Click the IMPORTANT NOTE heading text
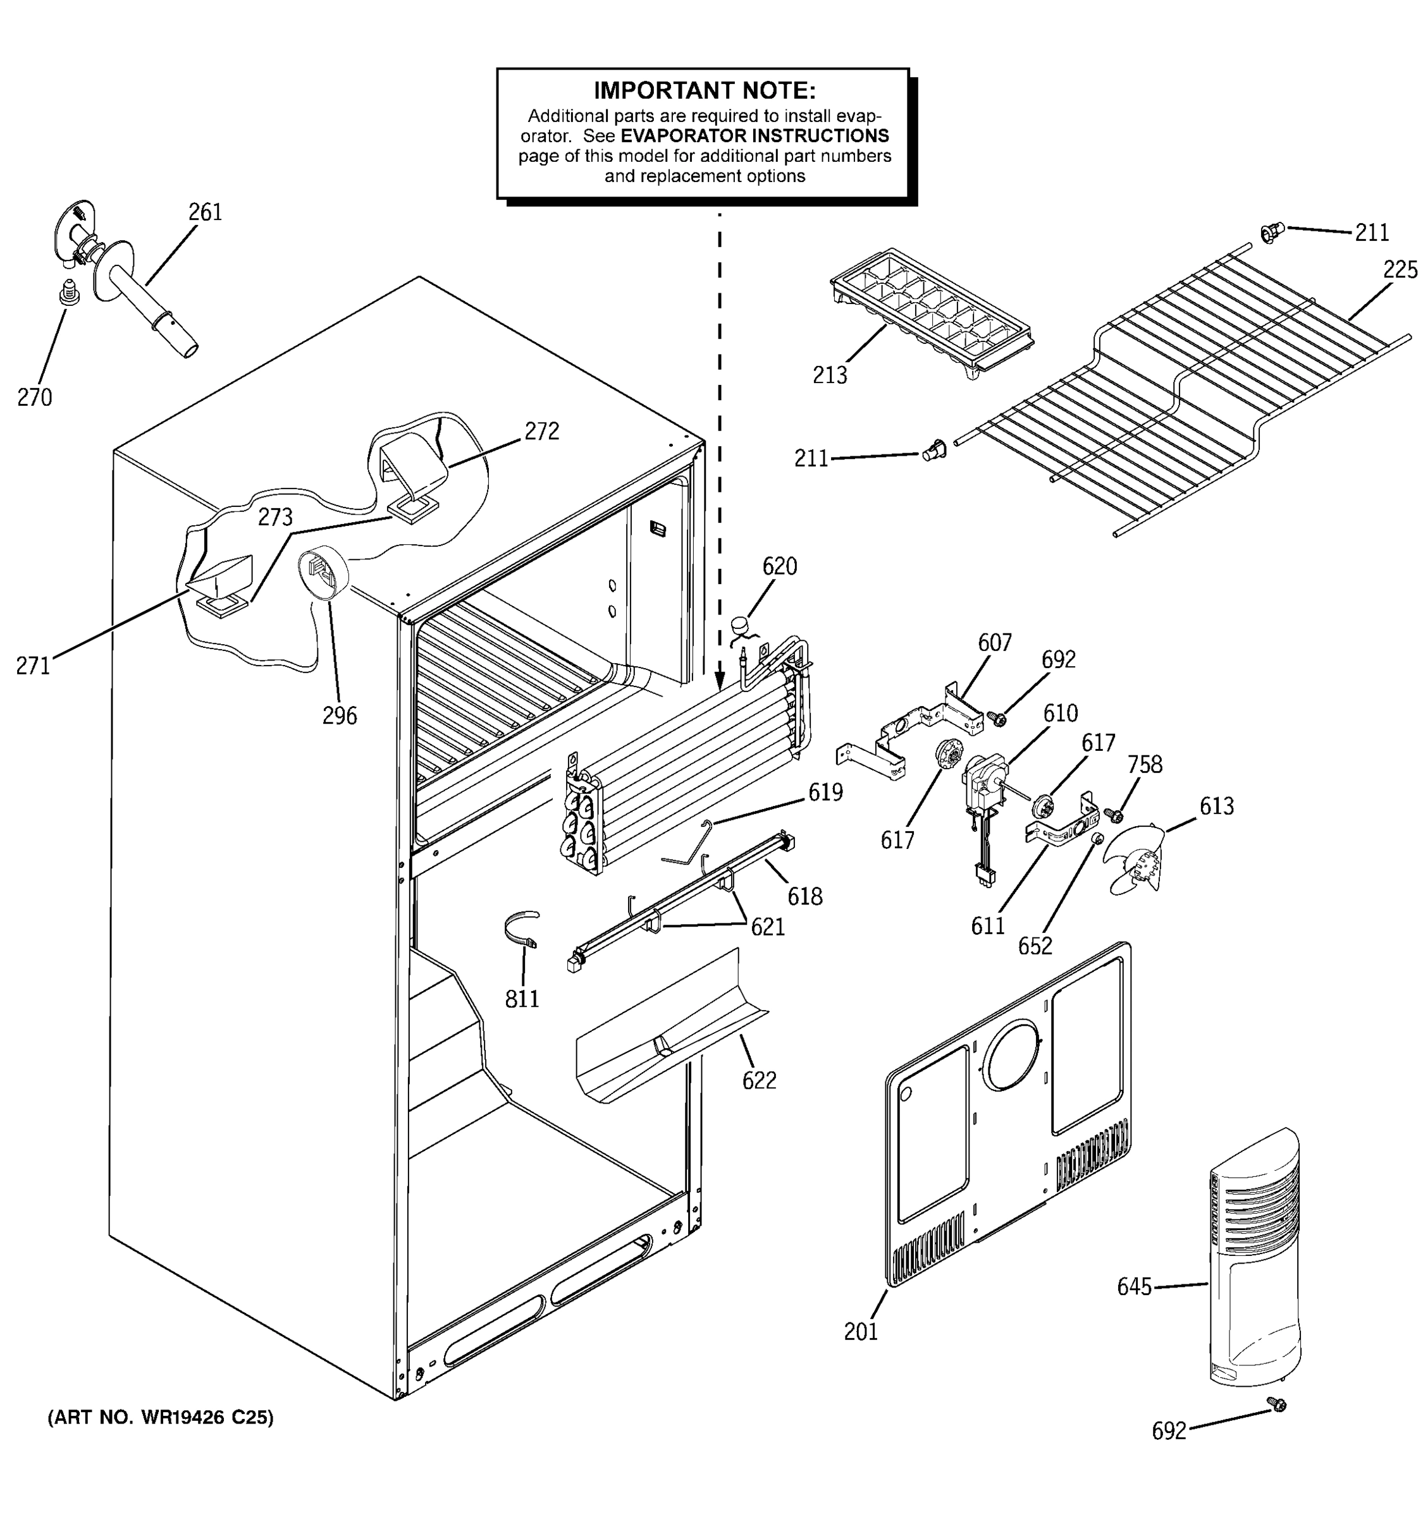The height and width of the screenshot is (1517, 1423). (704, 91)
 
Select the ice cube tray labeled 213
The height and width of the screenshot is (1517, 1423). (932, 314)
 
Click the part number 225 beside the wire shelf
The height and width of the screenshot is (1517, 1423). (1400, 269)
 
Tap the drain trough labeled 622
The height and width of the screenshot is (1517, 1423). (672, 1027)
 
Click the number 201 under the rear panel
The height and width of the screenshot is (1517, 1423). (860, 1331)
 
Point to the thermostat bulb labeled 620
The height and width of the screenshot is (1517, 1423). (740, 625)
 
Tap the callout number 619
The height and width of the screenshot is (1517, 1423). (825, 792)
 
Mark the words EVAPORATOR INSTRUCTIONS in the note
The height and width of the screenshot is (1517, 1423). (755, 136)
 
